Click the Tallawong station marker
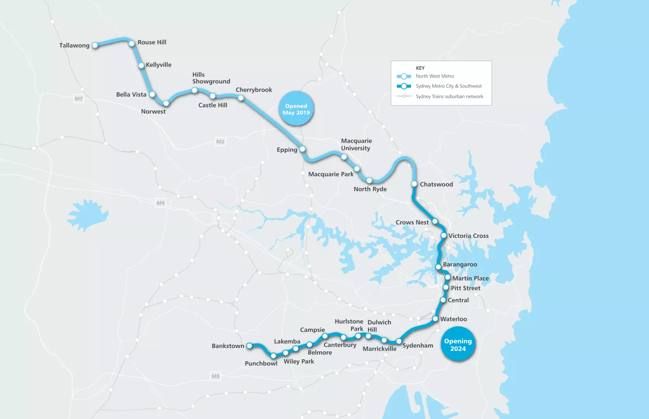[95, 45]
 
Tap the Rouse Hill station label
[152, 42]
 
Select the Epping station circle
[302, 149]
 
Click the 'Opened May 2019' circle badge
[296, 109]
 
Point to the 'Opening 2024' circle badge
[458, 345]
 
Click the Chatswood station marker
[414, 184]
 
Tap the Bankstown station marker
[249, 346]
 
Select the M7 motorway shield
[79, 99]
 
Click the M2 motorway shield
[220, 142]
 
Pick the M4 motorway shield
[161, 203]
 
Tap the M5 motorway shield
[216, 376]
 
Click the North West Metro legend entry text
[435, 76]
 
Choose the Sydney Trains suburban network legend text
[449, 97]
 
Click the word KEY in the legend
[420, 68]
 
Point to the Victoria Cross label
[468, 236]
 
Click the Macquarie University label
[356, 144]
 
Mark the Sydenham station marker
[399, 341]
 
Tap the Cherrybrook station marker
[241, 98]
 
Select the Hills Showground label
[211, 78]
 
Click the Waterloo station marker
[435, 319]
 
